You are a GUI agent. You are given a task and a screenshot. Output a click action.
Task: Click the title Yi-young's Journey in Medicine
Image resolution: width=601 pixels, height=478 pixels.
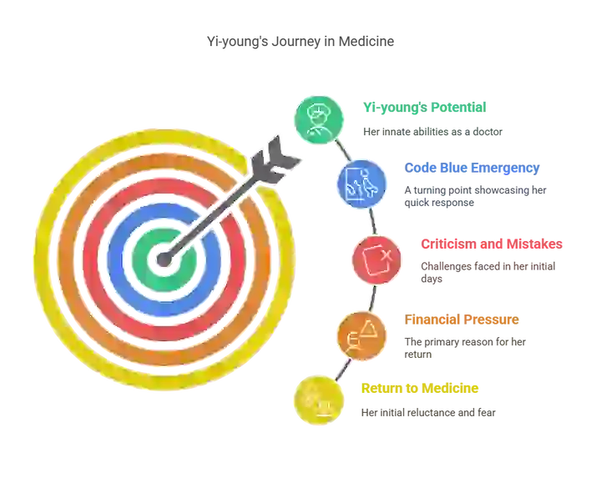tap(300, 42)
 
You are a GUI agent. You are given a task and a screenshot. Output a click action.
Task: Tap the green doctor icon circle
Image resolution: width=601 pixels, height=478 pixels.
tap(319, 120)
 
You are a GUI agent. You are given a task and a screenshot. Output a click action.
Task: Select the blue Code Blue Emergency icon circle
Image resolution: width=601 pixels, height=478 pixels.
tap(361, 184)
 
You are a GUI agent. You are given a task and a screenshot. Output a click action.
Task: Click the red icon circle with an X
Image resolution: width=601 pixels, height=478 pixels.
tap(376, 260)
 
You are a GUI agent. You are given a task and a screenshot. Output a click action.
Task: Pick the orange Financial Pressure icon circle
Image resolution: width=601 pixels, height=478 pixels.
tap(361, 336)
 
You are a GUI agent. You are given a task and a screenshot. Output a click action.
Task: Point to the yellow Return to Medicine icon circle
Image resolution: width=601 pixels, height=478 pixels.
tap(319, 400)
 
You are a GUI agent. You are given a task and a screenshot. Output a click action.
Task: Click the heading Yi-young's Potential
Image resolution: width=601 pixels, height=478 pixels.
tap(425, 108)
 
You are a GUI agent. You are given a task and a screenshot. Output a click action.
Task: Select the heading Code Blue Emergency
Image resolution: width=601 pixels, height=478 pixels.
tap(472, 169)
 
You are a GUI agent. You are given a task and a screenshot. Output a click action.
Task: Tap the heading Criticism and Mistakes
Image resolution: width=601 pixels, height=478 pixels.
tap(492, 244)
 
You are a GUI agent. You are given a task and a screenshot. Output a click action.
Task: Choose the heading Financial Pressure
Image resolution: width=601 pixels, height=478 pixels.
tap(462, 320)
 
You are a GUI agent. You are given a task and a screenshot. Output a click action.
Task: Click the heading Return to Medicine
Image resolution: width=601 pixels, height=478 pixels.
tap(420, 388)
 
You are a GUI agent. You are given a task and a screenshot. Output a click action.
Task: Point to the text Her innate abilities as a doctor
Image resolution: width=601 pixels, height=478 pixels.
tap(432, 132)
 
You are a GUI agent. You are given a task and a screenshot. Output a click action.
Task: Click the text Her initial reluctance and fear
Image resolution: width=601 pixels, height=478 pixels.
tap(428, 412)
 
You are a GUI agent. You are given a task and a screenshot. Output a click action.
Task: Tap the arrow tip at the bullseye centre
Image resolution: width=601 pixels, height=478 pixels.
tap(164, 259)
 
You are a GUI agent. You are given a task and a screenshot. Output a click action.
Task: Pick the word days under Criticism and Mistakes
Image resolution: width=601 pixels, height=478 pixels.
tap(432, 279)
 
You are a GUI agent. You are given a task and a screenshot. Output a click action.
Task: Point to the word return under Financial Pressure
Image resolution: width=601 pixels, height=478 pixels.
tap(418, 355)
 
